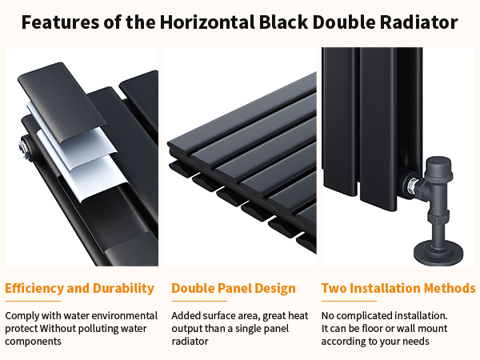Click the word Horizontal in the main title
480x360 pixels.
click(207, 22)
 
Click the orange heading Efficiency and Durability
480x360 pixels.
click(79, 288)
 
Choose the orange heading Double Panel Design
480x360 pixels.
click(234, 288)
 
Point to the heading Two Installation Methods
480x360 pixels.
click(398, 288)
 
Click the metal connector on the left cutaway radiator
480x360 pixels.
click(24, 147)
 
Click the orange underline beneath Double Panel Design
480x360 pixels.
click(199, 302)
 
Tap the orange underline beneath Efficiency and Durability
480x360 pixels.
click(33, 302)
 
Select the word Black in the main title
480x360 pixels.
click(283, 22)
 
